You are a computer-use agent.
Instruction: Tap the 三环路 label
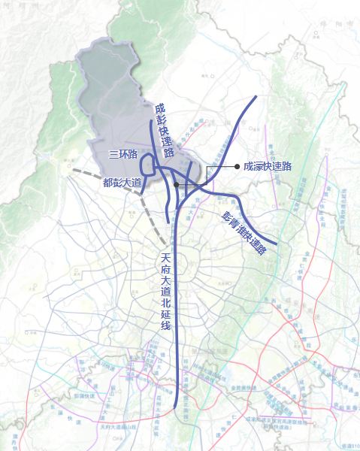pos(123,155)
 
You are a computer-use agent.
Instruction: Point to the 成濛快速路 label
pos(268,166)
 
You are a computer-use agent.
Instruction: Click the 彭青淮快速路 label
pos(245,234)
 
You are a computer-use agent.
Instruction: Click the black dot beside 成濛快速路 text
pos(237,166)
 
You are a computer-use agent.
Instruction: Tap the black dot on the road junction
pos(175,184)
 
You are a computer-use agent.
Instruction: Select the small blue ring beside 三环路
pos(148,163)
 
